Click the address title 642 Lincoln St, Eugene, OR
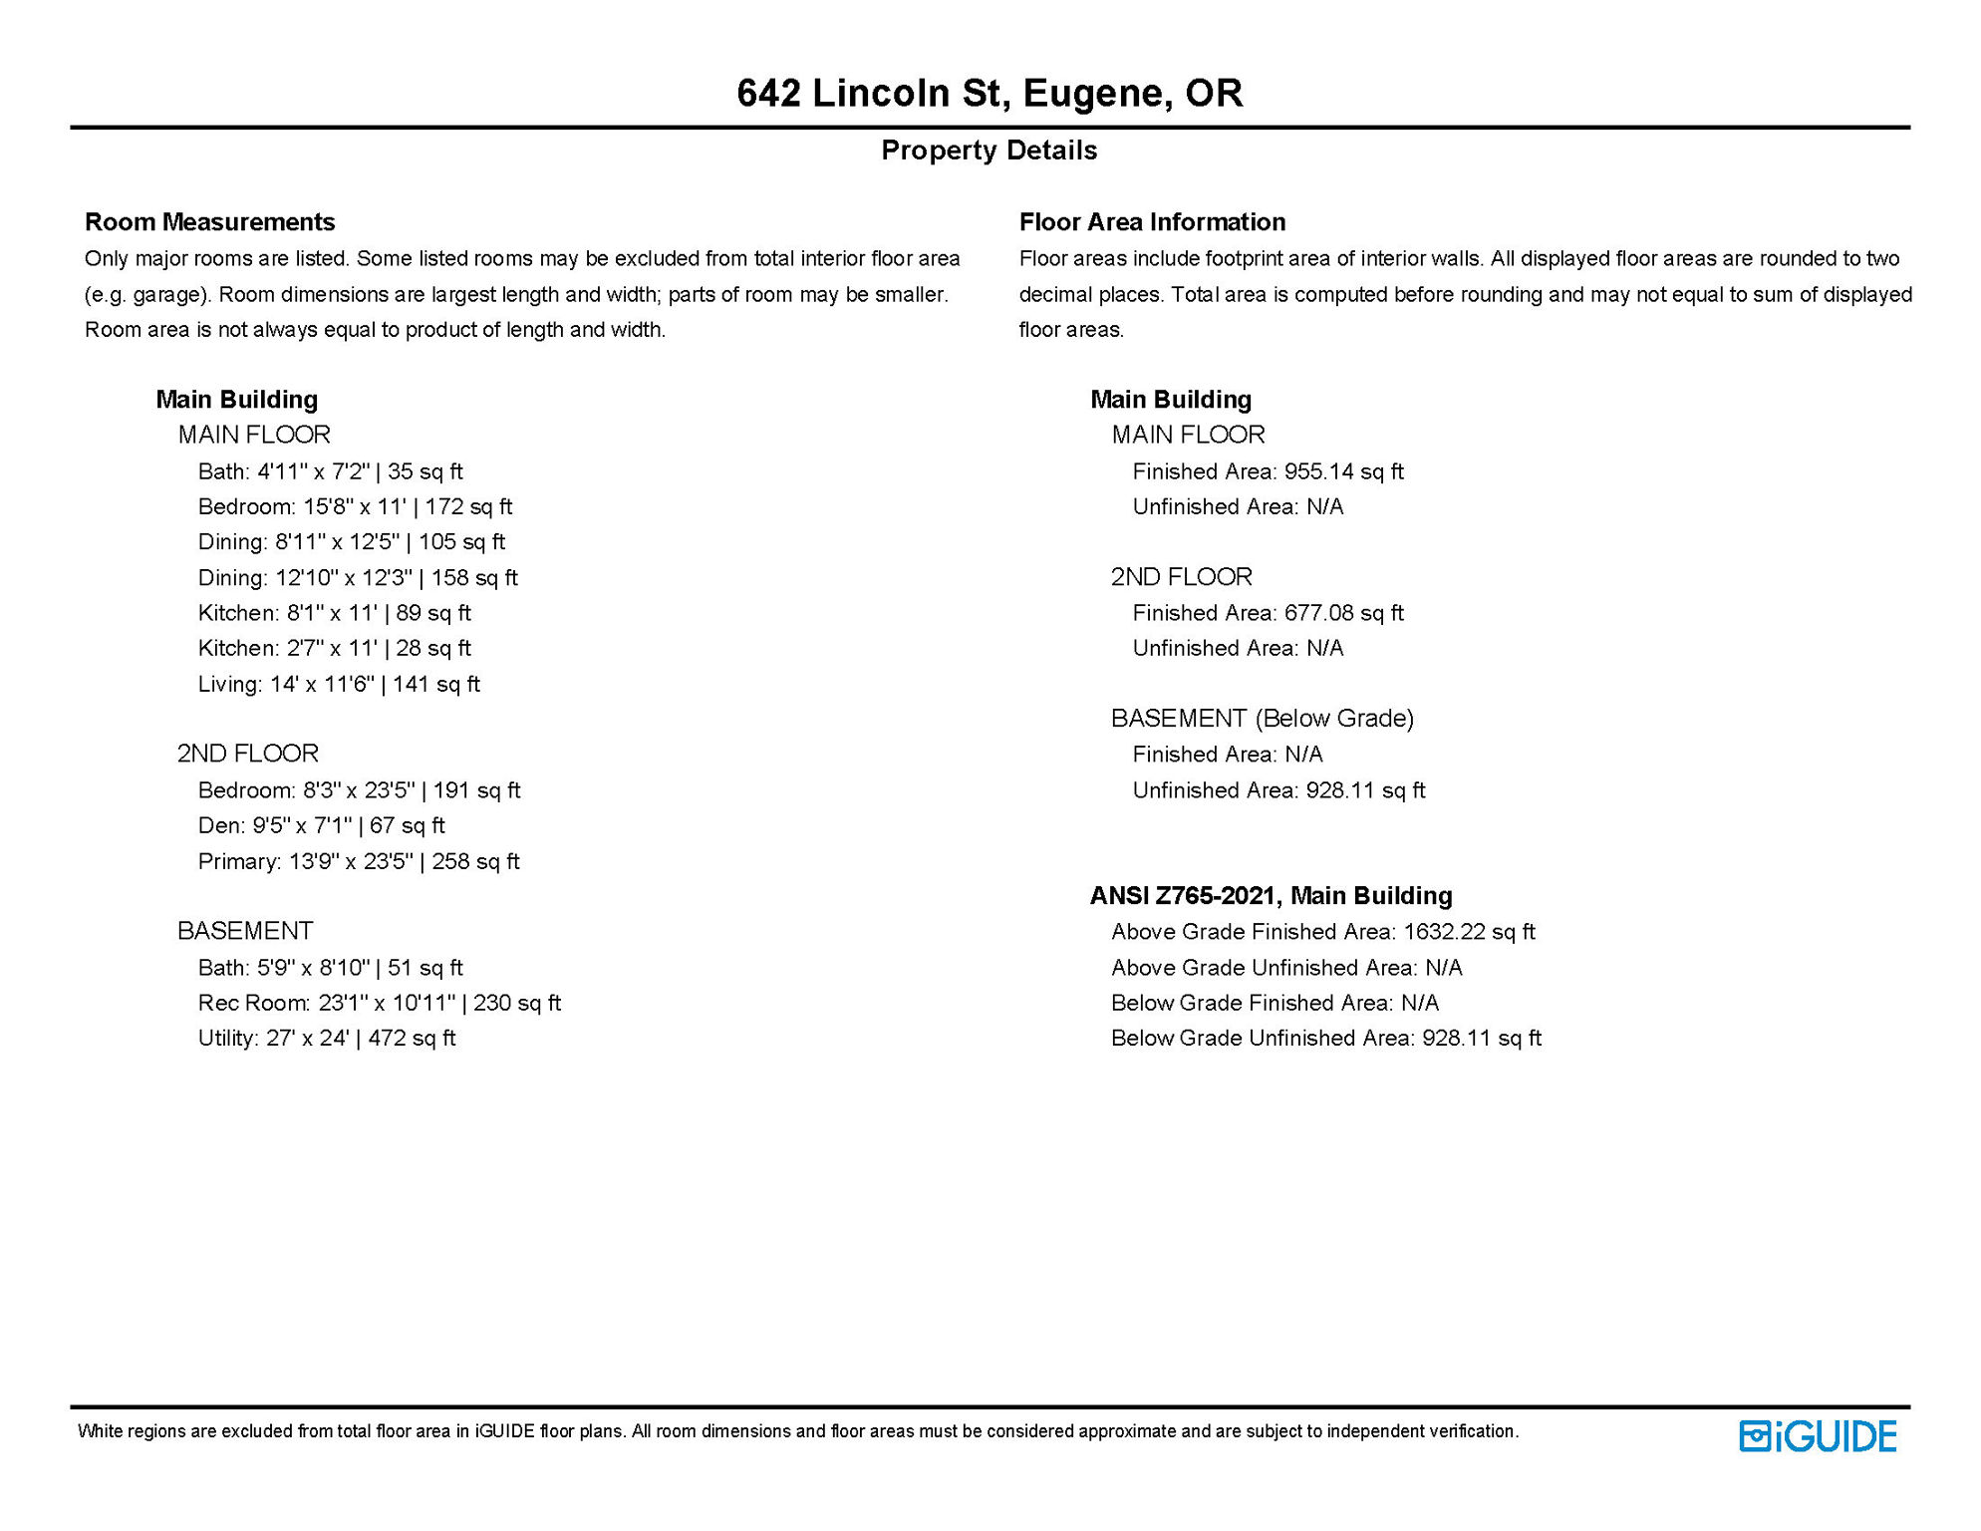click(990, 93)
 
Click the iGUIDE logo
click(1818, 1436)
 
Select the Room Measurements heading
click(209, 221)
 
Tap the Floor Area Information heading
click(1152, 221)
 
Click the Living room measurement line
click(339, 684)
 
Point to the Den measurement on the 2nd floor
click(321, 825)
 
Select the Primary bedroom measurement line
click(359, 861)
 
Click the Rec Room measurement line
click(379, 1003)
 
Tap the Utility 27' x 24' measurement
click(327, 1038)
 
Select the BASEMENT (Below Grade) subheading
click(1263, 718)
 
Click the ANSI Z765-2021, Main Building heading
click(1271, 895)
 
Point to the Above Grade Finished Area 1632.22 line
click(1323, 932)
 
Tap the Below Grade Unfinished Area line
click(1326, 1038)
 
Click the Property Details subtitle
click(990, 150)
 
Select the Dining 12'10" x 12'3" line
click(358, 577)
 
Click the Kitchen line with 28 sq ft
click(334, 648)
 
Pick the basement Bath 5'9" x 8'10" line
click(330, 967)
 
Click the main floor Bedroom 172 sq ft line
click(355, 506)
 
